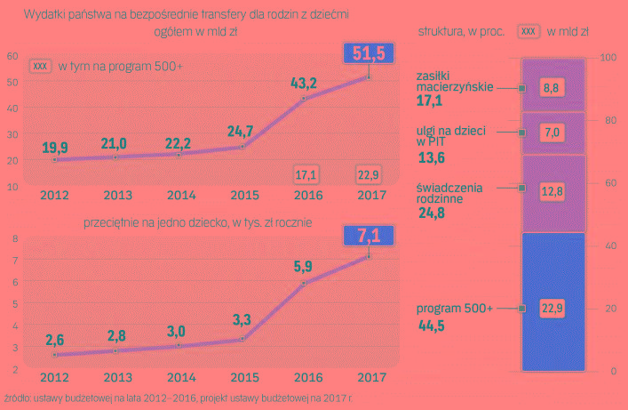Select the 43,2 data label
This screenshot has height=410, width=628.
point(305,83)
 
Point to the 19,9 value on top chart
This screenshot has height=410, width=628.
point(54,147)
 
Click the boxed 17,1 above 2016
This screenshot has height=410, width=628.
point(306,173)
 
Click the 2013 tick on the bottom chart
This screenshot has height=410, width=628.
point(117,378)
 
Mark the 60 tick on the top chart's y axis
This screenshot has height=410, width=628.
point(12,56)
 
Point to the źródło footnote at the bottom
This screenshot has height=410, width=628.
point(178,398)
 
